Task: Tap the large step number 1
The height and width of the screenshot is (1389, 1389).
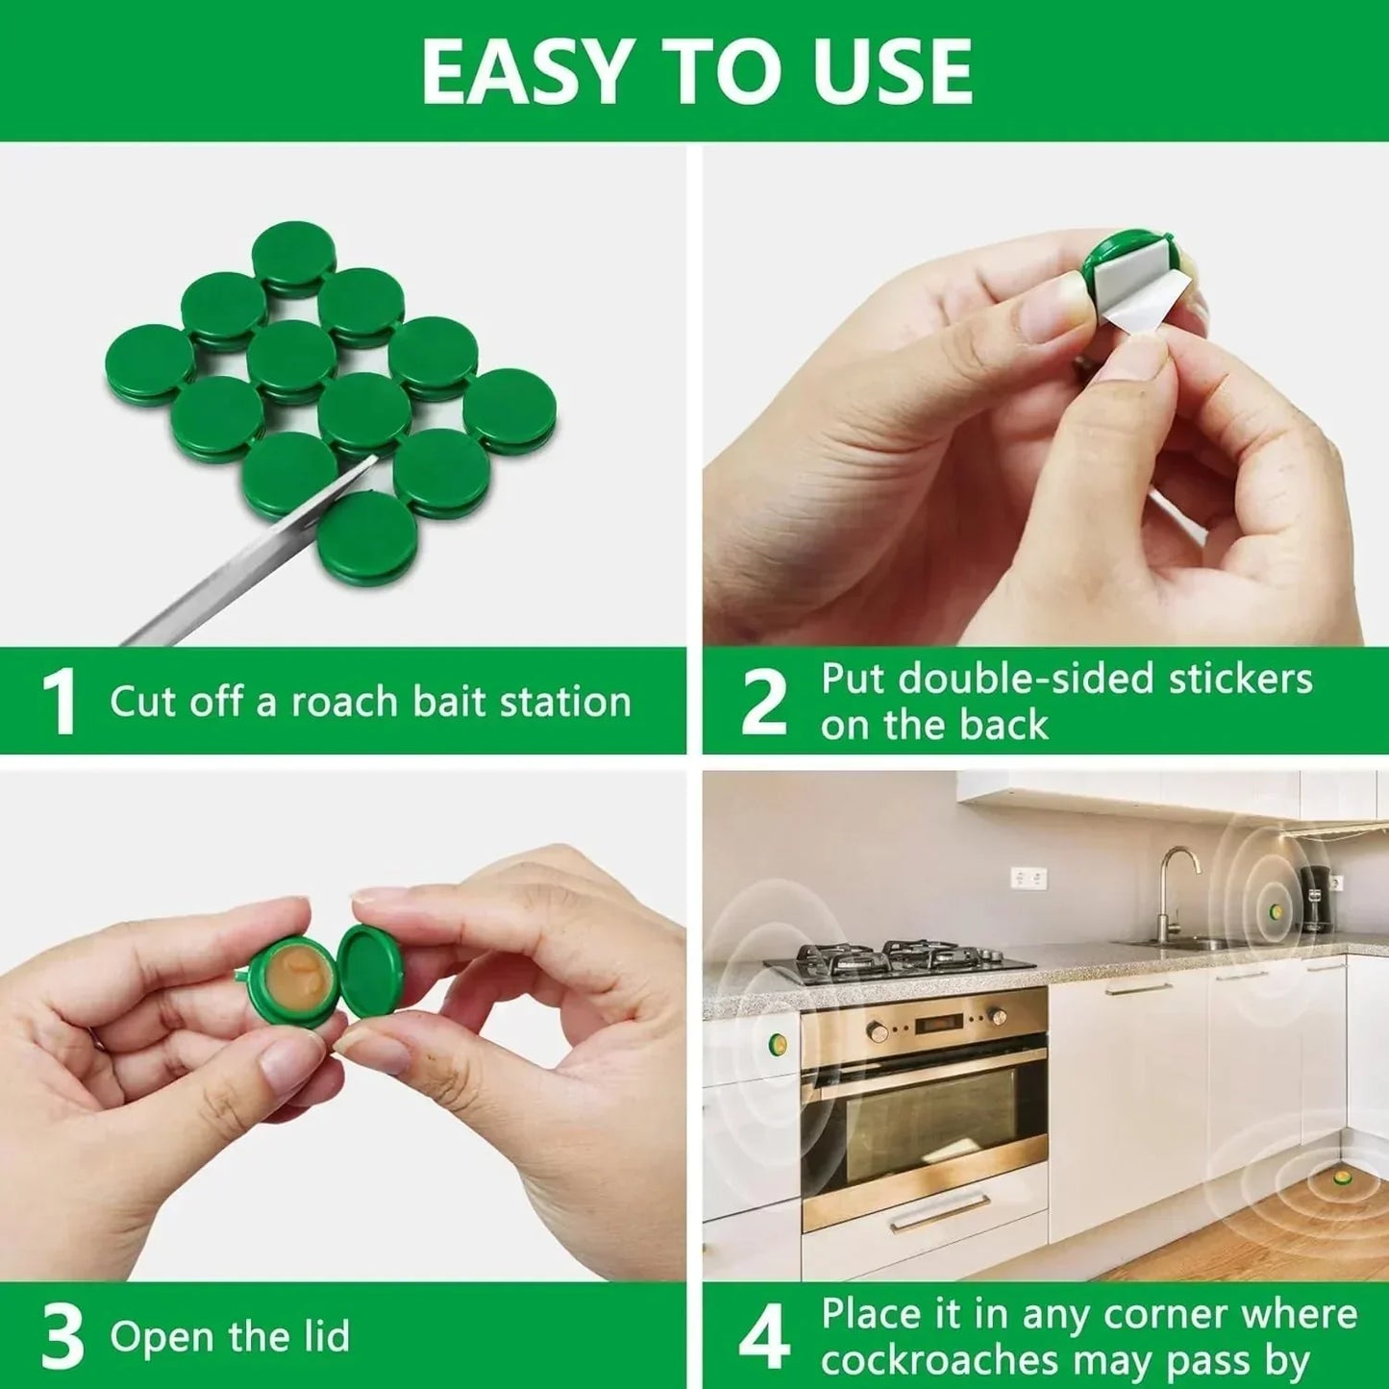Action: click(59, 703)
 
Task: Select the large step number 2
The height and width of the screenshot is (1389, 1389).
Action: click(764, 703)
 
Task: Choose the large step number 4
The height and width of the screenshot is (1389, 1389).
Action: click(764, 1338)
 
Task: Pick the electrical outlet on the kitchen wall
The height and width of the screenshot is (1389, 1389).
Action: click(1028, 878)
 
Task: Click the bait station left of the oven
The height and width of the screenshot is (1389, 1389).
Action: click(777, 1043)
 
